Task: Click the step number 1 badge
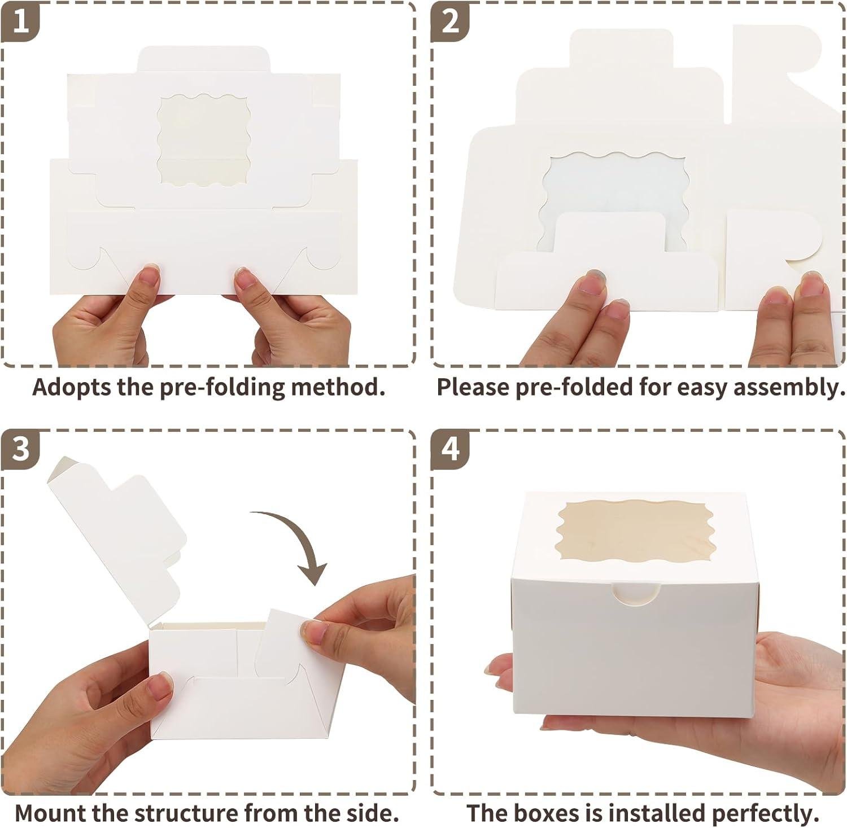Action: coord(21,23)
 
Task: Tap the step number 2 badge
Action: coord(450,23)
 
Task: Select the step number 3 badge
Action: coord(21,450)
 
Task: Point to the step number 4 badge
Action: coord(450,450)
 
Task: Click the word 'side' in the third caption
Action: coord(368,813)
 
